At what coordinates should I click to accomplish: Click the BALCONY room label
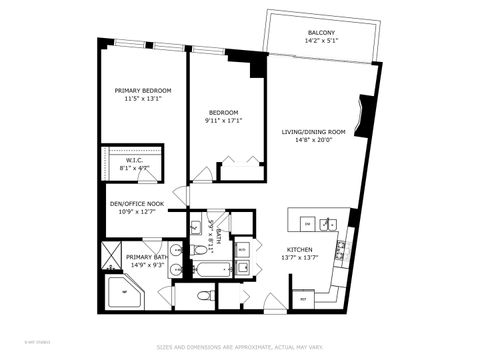point(321,33)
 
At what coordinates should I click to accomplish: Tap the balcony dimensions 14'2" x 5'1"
point(321,42)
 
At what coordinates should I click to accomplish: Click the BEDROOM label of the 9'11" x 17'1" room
point(223,112)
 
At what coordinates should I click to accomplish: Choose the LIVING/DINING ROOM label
point(312,132)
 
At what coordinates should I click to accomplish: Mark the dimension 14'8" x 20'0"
point(312,141)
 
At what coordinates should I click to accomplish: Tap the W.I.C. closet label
point(136,161)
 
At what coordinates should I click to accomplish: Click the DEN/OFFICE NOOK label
point(136,203)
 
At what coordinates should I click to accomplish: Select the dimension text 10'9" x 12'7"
point(136,211)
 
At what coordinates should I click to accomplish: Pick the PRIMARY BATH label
point(146,257)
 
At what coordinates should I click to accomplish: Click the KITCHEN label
point(300,250)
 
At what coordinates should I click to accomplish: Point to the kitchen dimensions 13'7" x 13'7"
point(300,259)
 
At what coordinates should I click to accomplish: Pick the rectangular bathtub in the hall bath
point(207,268)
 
